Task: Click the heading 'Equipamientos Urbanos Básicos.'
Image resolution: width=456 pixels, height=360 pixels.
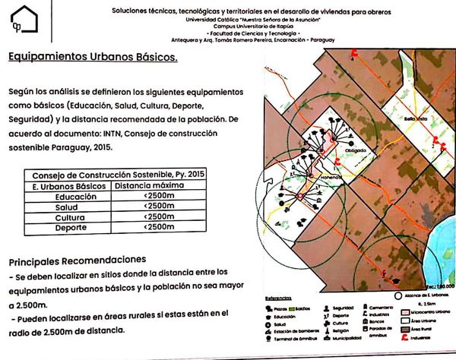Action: [91, 57]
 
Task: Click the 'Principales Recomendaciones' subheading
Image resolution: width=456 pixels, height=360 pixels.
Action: [76, 258]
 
